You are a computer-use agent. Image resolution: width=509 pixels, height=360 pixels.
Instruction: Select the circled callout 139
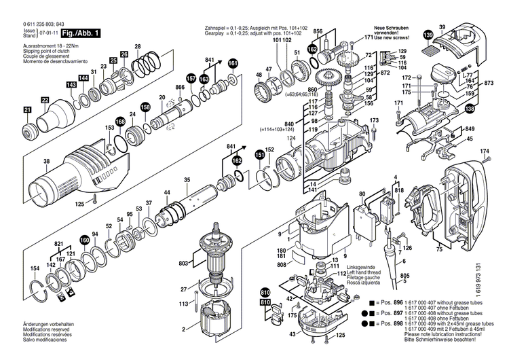pos(427,35)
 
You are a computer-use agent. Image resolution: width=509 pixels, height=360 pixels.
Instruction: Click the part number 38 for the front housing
pos(27,162)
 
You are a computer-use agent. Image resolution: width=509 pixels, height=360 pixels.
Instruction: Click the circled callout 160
pos(84,240)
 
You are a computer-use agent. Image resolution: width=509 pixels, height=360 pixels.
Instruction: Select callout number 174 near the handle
pos(484,151)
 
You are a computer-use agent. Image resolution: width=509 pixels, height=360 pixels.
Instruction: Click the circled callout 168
pos(119,121)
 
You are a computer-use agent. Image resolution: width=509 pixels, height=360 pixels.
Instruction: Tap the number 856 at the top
pos(318,32)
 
